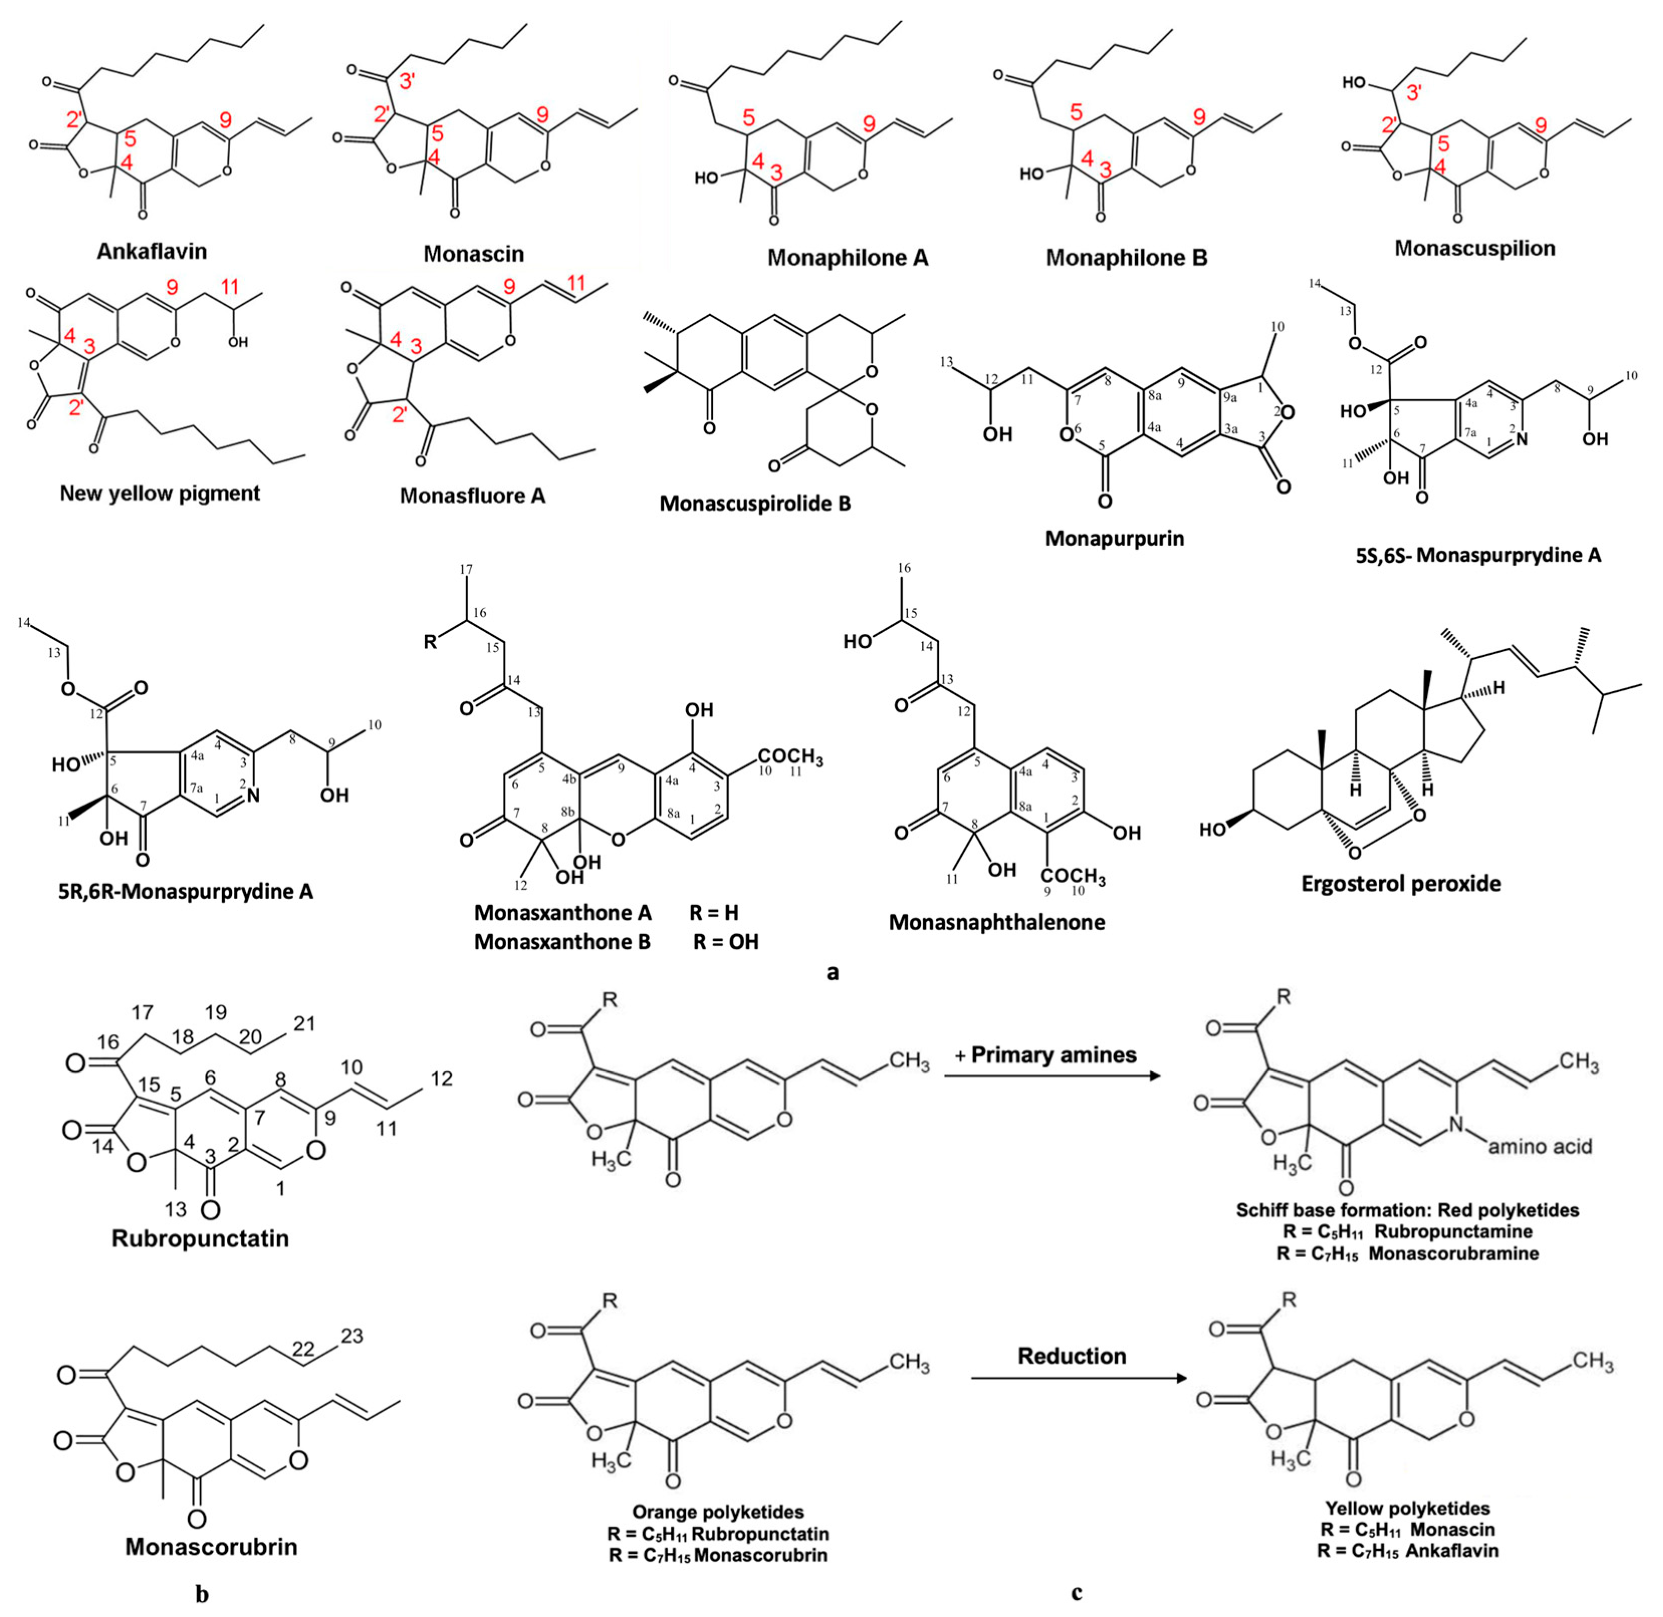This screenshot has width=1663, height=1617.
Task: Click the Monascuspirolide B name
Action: (x=755, y=504)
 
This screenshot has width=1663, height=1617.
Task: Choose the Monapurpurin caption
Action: (x=1114, y=538)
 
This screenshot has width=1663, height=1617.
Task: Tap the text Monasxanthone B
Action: (x=562, y=942)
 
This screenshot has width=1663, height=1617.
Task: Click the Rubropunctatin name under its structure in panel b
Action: (x=200, y=1238)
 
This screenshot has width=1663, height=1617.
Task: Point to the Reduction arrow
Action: (x=1079, y=1379)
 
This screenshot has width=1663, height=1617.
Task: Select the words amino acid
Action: (x=1539, y=1147)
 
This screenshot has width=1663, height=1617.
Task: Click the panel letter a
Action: (x=833, y=971)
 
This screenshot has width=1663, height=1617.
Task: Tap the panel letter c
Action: (x=1076, y=1593)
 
